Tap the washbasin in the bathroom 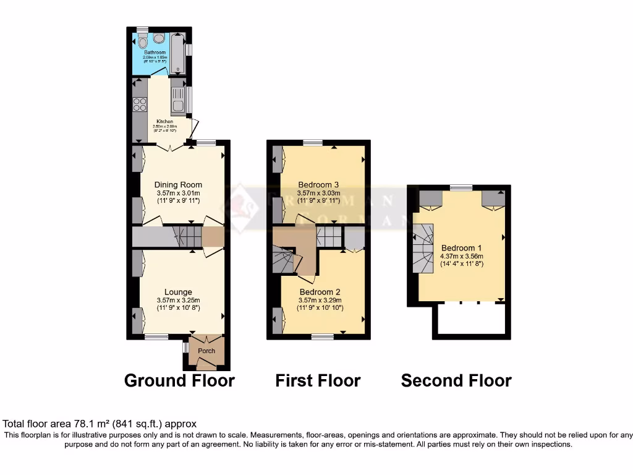tap(159, 39)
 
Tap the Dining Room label tap(178, 185)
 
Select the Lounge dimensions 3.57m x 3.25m tap(178, 301)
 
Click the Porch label tap(206, 351)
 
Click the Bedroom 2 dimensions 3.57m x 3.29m tap(320, 300)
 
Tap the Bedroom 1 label tap(461, 247)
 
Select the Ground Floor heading tap(179, 380)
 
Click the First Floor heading tap(318, 380)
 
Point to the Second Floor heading tap(456, 380)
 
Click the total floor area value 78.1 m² tap(75, 424)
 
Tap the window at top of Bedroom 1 tap(461, 187)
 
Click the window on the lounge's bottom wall tap(156, 336)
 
